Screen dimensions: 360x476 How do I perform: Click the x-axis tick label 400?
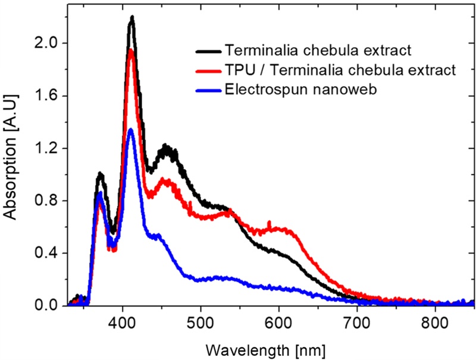point(123,321)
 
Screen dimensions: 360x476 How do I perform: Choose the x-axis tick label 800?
point(435,321)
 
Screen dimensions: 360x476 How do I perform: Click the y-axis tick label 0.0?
point(48,306)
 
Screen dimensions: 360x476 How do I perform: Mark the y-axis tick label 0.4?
point(48,253)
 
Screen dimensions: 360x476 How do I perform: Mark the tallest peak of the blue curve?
point(131,129)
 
